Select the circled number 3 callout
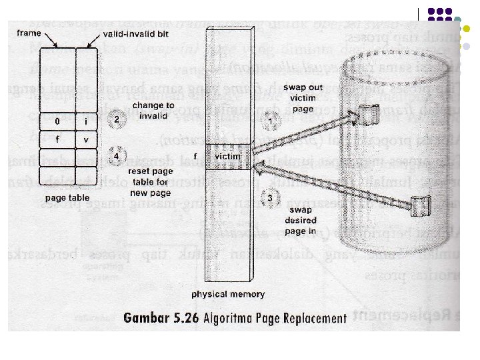[x=269, y=197]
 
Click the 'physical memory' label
[x=228, y=294]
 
